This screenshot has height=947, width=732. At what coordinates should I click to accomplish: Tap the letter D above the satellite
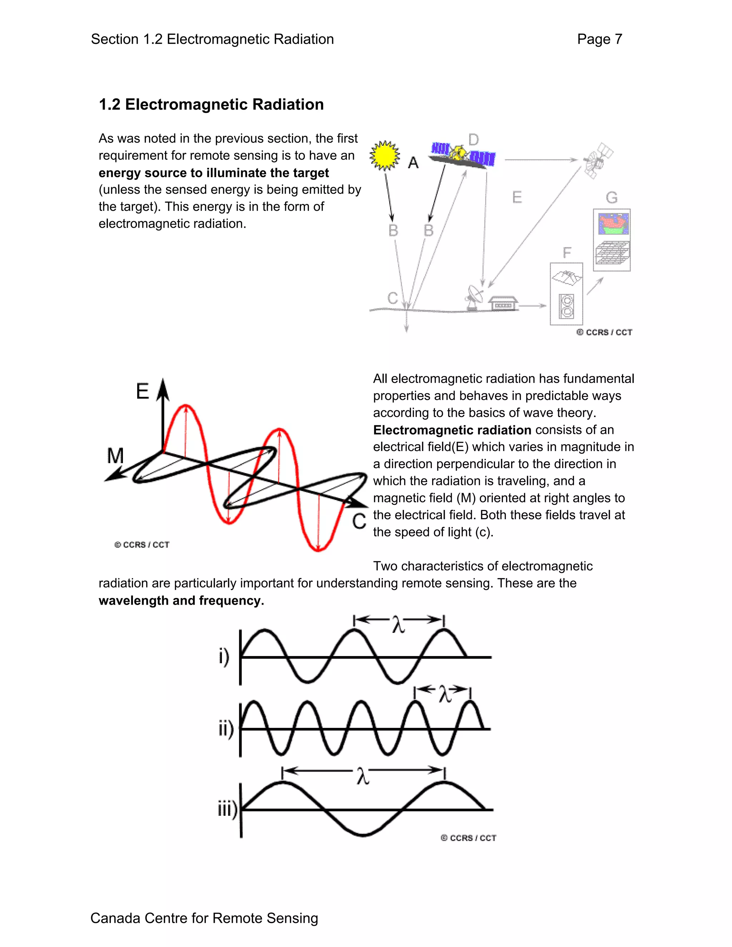pyautogui.click(x=474, y=140)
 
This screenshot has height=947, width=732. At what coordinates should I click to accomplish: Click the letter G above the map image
pyautogui.click(x=612, y=198)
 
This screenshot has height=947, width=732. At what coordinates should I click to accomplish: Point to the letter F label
pyautogui.click(x=567, y=253)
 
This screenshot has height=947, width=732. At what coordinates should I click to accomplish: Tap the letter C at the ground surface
pyautogui.click(x=392, y=298)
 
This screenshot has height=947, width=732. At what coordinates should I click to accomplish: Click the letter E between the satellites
pyautogui.click(x=517, y=198)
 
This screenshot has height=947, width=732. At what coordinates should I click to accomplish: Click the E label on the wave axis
pyautogui.click(x=143, y=392)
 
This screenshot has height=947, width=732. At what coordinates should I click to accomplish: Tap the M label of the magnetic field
pyautogui.click(x=116, y=456)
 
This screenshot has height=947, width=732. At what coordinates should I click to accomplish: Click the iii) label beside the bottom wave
pyautogui.click(x=227, y=809)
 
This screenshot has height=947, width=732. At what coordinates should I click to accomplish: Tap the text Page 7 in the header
pyautogui.click(x=599, y=39)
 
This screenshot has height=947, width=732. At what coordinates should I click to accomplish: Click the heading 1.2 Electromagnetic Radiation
pyautogui.click(x=211, y=104)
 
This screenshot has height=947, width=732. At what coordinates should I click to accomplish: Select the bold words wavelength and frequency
pyautogui.click(x=181, y=601)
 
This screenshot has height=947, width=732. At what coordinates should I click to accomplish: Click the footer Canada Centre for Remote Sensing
pyautogui.click(x=204, y=918)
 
